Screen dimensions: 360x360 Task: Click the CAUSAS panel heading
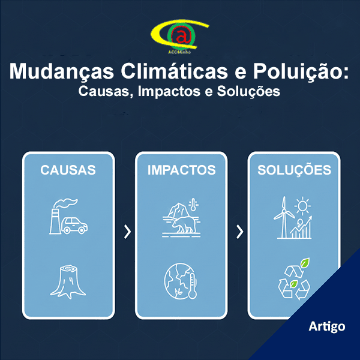pyautogui.click(x=68, y=170)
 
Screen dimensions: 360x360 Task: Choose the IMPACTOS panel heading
pyautogui.click(x=181, y=170)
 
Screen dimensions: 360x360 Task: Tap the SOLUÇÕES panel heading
pyautogui.click(x=294, y=170)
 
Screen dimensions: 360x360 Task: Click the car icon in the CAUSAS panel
pyautogui.click(x=74, y=226)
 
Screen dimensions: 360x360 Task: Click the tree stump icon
pyautogui.click(x=68, y=281)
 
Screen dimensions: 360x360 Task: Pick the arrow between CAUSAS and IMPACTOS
pyautogui.click(x=127, y=232)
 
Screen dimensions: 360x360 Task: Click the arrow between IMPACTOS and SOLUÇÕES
pyautogui.click(x=240, y=232)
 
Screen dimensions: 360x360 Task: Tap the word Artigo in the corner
pyautogui.click(x=327, y=326)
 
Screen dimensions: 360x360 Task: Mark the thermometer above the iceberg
pyautogui.click(x=193, y=204)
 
